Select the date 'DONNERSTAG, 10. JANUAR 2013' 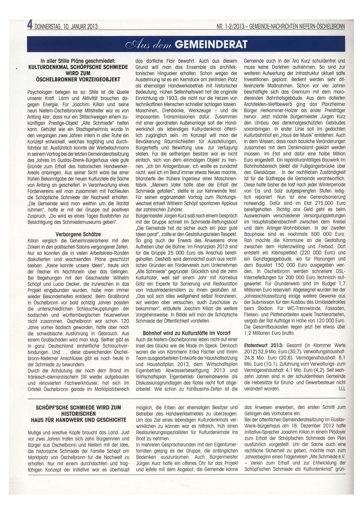coord(66,27)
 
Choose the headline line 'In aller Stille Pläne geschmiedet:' coord(78,60)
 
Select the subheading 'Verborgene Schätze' coord(78,234)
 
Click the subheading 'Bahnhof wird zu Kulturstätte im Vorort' coord(187,333)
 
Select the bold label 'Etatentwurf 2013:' coord(265,346)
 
